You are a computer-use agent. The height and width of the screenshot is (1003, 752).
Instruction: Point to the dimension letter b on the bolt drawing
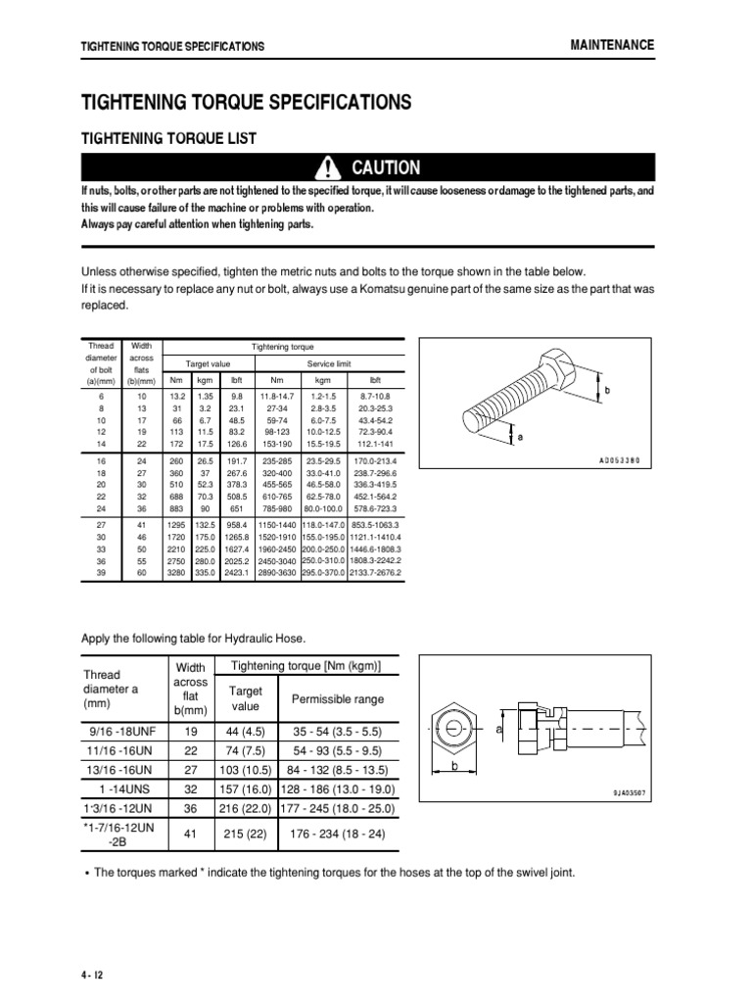pyautogui.click(x=606, y=390)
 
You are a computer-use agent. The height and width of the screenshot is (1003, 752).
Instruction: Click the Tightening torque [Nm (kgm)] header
pyautogui.click(x=305, y=667)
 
